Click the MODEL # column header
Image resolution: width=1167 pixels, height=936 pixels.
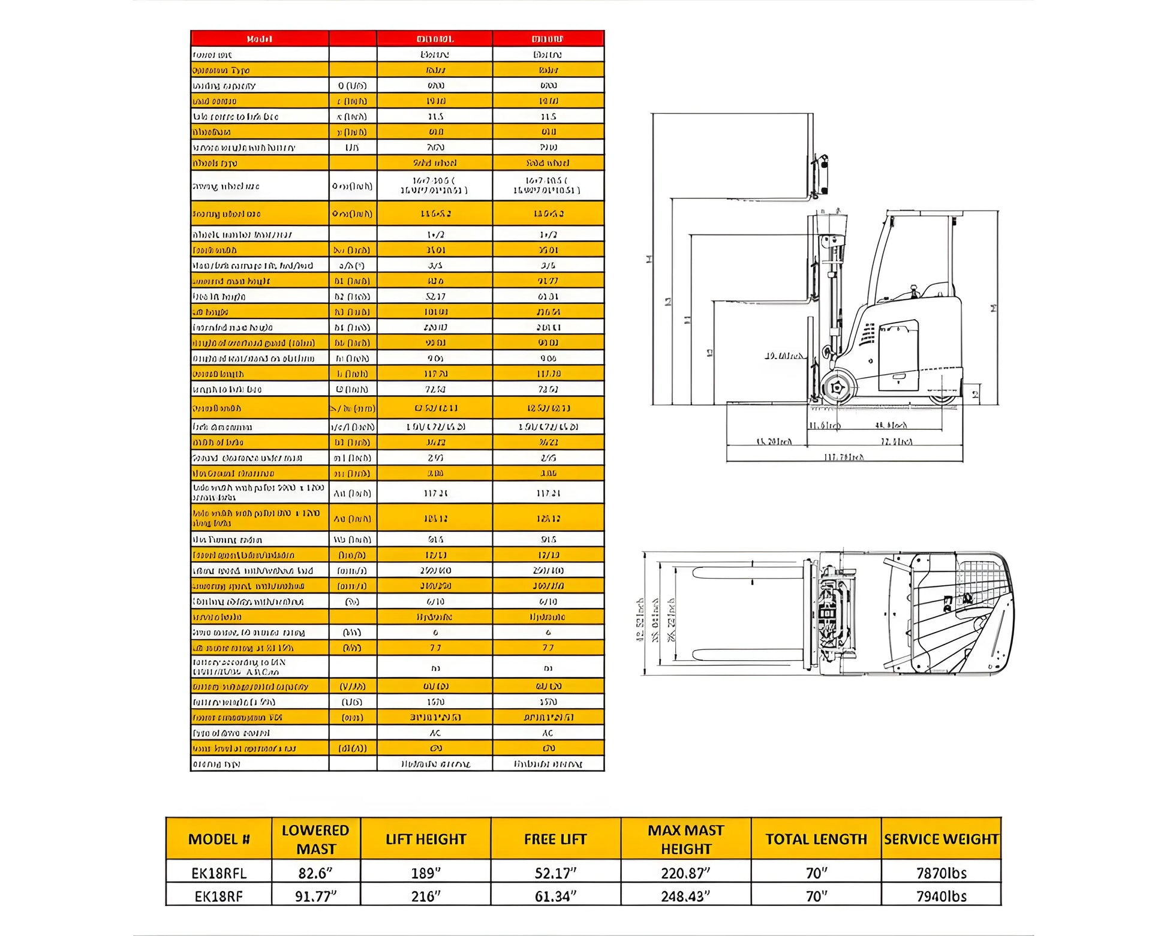pyautogui.click(x=218, y=839)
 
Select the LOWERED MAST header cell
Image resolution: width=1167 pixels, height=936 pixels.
pyautogui.click(x=315, y=839)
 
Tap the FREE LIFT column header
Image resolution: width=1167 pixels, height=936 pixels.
pyautogui.click(x=555, y=839)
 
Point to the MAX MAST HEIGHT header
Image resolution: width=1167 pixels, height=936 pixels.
pyautogui.click(x=685, y=839)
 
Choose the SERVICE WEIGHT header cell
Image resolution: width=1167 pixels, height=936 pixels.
pyautogui.click(x=941, y=839)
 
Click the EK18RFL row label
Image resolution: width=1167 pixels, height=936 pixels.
pyautogui.click(x=218, y=873)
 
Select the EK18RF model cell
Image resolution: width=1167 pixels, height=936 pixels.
pyautogui.click(x=218, y=896)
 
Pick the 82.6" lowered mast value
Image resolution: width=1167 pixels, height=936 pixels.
pyautogui.click(x=315, y=873)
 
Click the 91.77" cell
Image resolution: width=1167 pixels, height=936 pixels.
pyautogui.click(x=315, y=896)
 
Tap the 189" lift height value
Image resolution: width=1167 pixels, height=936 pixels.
pyautogui.click(x=426, y=873)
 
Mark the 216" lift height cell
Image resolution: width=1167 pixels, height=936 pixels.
pyautogui.click(x=426, y=896)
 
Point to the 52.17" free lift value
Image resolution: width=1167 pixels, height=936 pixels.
pyautogui.click(x=555, y=873)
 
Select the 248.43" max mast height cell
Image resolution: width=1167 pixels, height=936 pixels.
pyautogui.click(x=685, y=896)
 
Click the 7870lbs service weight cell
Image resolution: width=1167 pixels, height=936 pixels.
pyautogui.click(x=941, y=873)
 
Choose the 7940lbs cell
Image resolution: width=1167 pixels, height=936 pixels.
pyautogui.click(x=941, y=896)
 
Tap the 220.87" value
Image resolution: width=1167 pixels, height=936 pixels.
pyautogui.click(x=685, y=873)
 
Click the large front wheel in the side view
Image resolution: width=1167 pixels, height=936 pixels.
pyautogui.click(x=838, y=387)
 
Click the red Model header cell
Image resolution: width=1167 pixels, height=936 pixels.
pyautogui.click(x=259, y=39)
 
